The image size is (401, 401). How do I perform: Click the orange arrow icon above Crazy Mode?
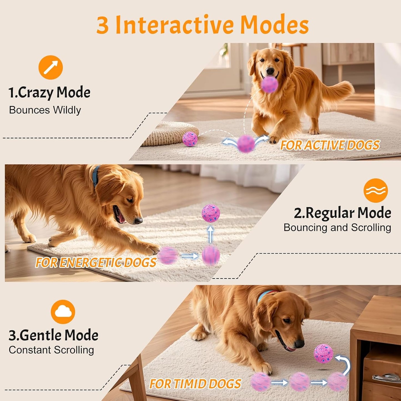[51, 67]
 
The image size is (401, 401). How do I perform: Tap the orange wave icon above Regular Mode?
[375, 190]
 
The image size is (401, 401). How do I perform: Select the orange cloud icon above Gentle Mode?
[63, 312]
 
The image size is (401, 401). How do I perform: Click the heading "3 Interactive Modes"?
[202, 25]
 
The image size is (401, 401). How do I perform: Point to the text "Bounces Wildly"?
[45, 110]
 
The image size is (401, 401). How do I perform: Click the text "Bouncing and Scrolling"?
[337, 228]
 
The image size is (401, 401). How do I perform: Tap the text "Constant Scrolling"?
[51, 350]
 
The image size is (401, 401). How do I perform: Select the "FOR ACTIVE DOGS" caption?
[330, 145]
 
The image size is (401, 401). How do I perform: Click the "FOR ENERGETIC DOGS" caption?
[96, 263]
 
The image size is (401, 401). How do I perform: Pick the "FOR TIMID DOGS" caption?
[195, 384]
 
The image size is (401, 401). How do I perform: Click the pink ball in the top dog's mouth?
[269, 84]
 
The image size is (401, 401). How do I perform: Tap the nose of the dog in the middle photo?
[138, 221]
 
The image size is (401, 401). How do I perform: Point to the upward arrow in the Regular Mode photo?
[210, 234]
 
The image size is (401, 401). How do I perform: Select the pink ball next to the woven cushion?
[190, 139]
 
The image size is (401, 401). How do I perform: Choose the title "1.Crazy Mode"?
[49, 92]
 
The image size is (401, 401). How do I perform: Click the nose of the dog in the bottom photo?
[299, 344]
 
